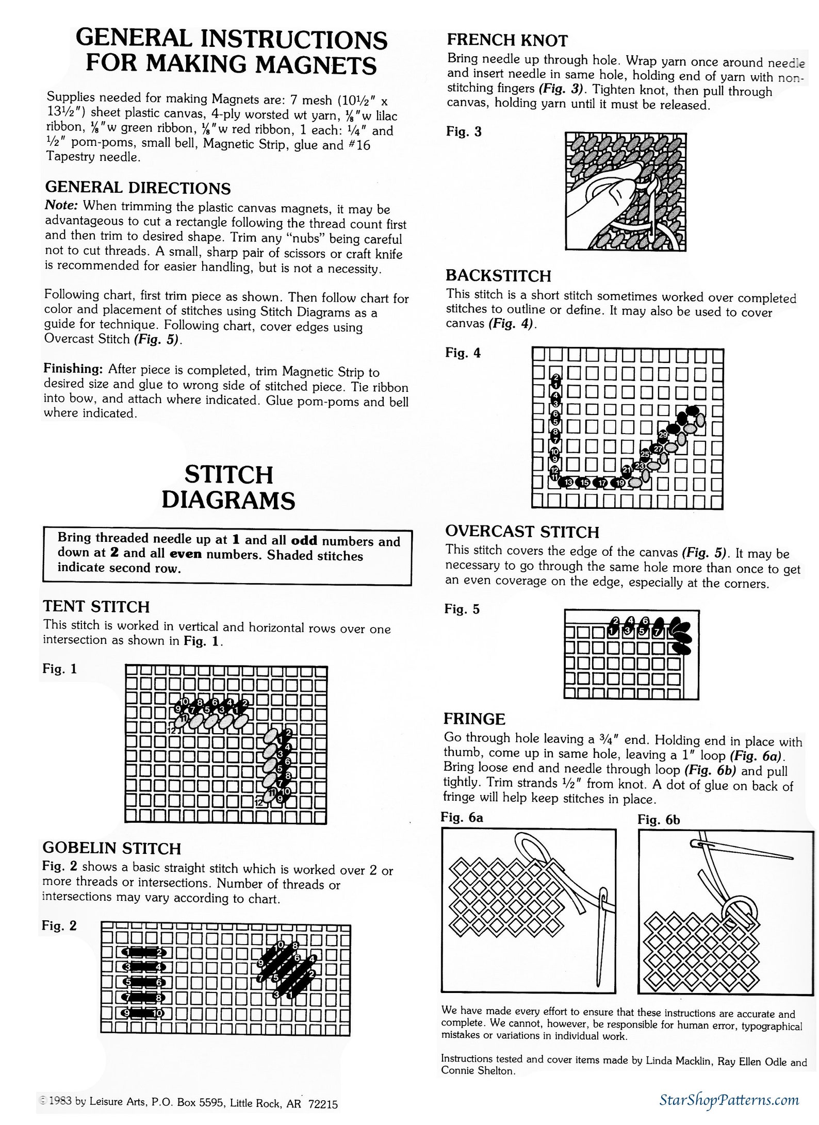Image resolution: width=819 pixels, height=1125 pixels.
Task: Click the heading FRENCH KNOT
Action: [507, 40]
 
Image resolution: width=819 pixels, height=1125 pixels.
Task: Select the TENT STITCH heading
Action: [96, 606]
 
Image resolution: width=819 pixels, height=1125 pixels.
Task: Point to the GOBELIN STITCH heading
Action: [111, 848]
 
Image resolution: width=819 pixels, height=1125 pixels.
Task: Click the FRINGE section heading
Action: [474, 718]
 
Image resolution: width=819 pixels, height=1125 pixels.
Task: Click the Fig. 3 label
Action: [464, 131]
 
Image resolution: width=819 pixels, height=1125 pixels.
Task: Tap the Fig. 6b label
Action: [659, 819]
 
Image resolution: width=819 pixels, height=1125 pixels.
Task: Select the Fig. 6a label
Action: [462, 817]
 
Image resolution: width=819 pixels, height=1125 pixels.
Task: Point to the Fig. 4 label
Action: [463, 353]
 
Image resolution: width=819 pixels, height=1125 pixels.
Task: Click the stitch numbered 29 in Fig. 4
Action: [663, 435]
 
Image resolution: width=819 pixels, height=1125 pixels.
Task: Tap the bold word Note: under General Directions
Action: [61, 205]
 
